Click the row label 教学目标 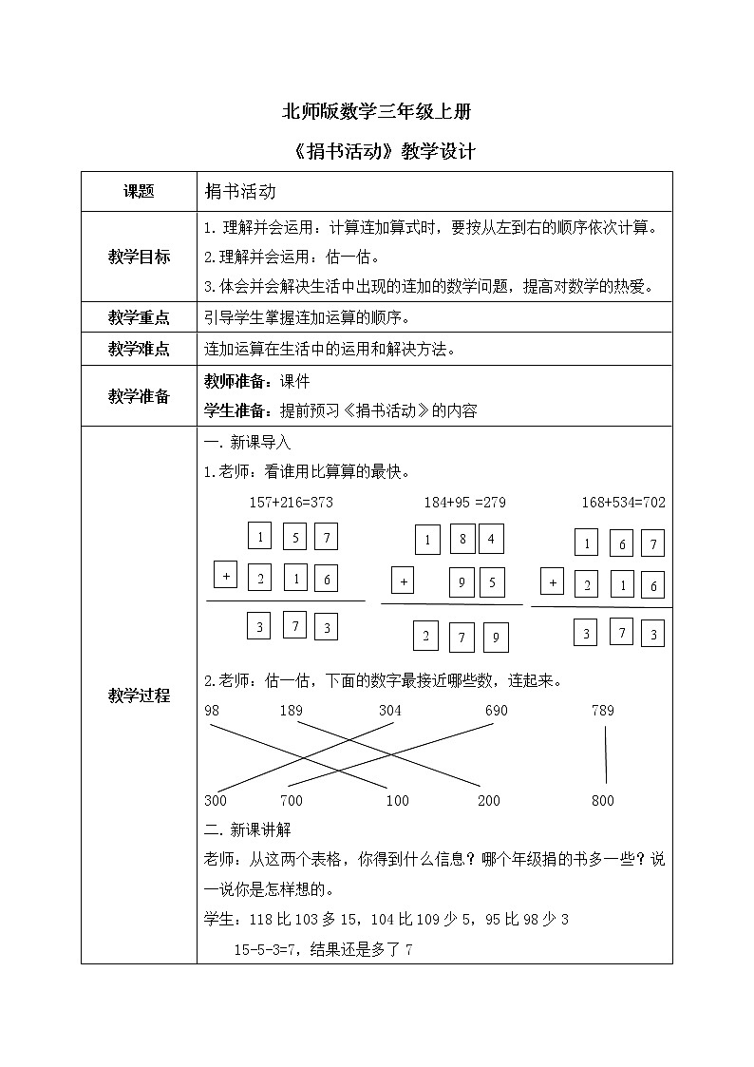(x=139, y=257)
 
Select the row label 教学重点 (x=139, y=319)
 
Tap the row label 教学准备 (x=139, y=396)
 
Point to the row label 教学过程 (x=139, y=695)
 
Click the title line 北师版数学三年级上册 (x=377, y=111)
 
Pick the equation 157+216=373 (x=290, y=502)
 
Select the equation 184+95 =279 (x=464, y=502)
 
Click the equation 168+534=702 (x=623, y=502)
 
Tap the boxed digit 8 (x=462, y=539)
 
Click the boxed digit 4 (x=491, y=539)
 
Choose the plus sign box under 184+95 (x=403, y=581)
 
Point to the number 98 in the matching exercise (x=212, y=711)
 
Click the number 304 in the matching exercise (x=390, y=711)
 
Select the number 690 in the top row (x=496, y=711)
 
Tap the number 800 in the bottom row (x=603, y=801)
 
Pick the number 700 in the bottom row (x=292, y=801)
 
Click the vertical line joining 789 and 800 (x=605, y=755)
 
